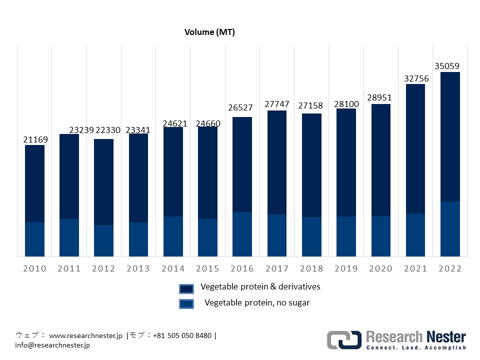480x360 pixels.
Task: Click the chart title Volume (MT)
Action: coord(209,32)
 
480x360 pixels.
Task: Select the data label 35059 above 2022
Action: coord(447,66)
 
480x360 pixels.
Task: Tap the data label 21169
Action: coord(35,139)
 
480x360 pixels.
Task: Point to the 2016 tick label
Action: coord(242,268)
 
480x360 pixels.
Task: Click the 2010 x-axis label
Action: coord(34,268)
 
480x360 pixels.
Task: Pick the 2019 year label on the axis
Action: coord(346,268)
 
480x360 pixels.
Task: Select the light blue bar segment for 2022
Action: coord(450,229)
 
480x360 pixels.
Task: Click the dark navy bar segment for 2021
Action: coord(415,148)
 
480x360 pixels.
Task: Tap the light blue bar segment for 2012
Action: coord(104,240)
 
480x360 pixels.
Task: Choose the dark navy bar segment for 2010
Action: coord(34,183)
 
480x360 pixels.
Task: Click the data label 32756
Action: coord(416,78)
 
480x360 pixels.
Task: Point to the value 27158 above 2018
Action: coord(311,106)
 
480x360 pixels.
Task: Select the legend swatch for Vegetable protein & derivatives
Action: coord(186,289)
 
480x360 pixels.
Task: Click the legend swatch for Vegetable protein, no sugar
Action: coord(186,303)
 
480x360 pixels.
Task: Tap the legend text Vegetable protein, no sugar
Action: coord(257,302)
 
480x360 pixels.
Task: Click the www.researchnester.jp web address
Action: coord(85,335)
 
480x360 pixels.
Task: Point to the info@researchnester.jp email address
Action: coord(52,344)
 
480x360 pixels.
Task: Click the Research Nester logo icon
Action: coord(344,340)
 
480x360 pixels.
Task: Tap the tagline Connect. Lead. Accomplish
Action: coord(416,347)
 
